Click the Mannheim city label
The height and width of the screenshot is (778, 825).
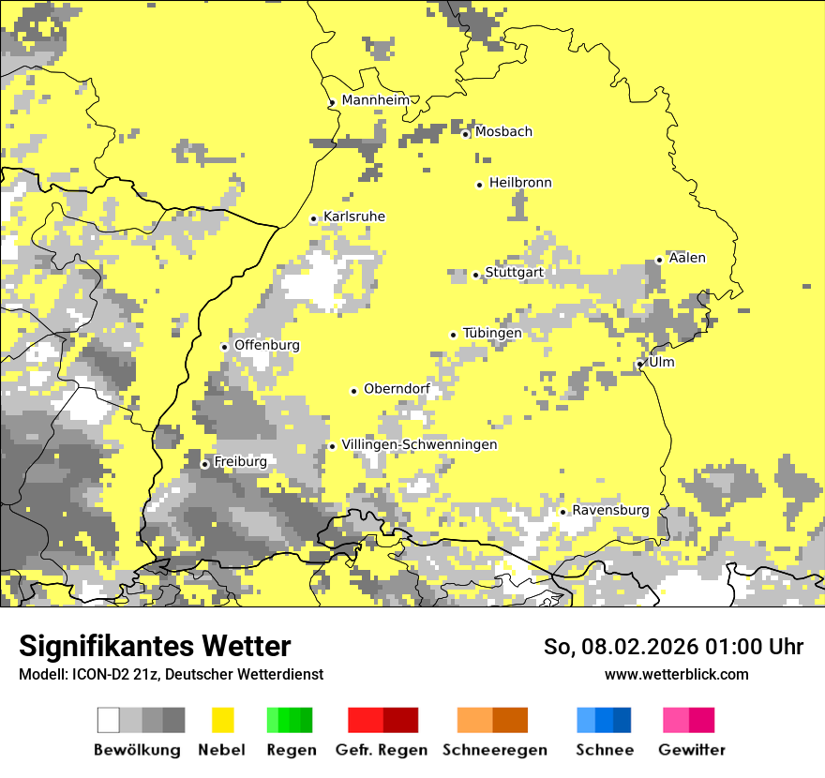point(376,100)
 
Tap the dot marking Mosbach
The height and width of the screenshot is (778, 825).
point(465,134)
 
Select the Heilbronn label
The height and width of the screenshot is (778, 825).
point(520,183)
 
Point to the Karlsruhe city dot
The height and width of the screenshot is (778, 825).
point(314,219)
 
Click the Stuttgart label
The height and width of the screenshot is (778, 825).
point(514,273)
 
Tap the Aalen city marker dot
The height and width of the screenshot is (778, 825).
point(660,261)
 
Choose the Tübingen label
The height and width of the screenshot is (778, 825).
point(492,334)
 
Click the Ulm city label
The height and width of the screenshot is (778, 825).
point(662,363)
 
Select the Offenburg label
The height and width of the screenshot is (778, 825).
point(267,345)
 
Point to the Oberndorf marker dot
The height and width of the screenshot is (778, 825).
point(354,391)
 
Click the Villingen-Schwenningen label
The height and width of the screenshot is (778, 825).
point(419,445)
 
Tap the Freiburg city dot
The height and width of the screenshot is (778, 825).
point(205,464)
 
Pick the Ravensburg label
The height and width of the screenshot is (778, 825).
point(610,511)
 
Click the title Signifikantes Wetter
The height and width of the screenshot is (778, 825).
point(155,646)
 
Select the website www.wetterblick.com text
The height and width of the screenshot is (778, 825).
point(677,674)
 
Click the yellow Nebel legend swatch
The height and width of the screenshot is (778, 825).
point(222,720)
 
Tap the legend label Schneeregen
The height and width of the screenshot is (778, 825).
point(495,750)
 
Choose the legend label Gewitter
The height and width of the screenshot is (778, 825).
point(692,750)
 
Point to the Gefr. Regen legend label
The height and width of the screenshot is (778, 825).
point(382,750)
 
